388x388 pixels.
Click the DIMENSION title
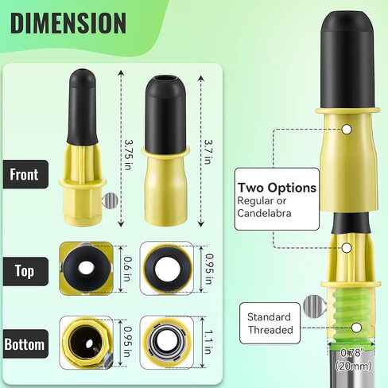click(69, 23)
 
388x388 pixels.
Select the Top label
click(25, 270)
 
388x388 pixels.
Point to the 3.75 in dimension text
click(128, 148)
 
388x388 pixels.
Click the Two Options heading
click(277, 188)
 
